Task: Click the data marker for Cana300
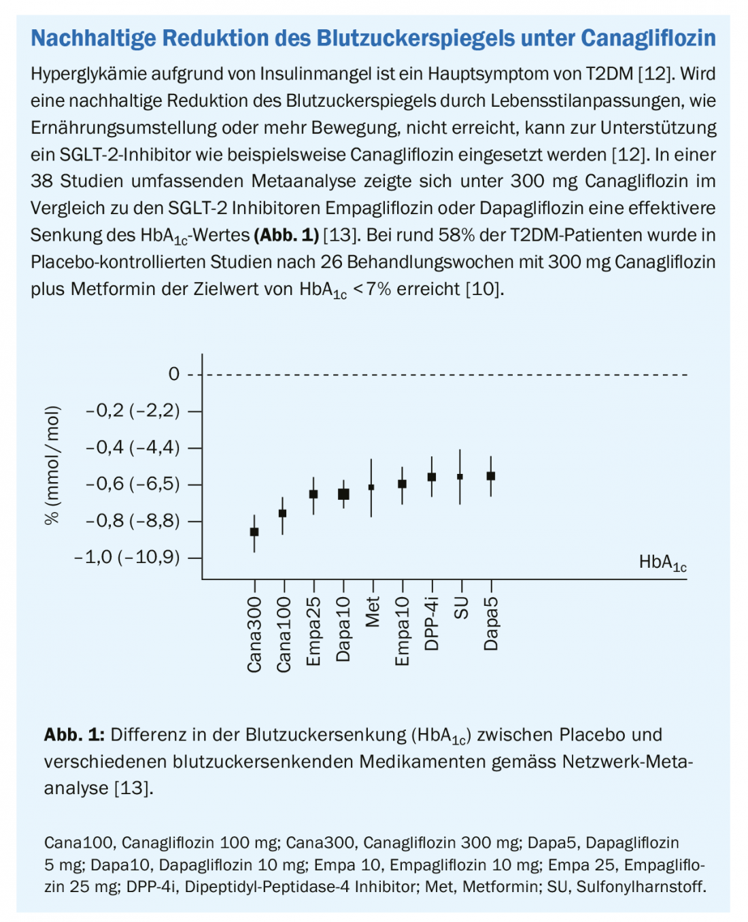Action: [254, 532]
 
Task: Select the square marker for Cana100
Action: [283, 513]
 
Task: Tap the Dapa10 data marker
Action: [343, 494]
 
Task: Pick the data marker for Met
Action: [371, 487]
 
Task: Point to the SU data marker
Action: [460, 477]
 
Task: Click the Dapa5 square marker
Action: [491, 476]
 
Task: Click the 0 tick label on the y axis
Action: [174, 374]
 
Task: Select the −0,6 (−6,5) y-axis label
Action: [133, 484]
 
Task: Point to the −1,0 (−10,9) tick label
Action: [127, 558]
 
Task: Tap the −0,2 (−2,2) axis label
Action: [133, 411]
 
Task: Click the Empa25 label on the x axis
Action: [313, 632]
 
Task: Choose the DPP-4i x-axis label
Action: [431, 624]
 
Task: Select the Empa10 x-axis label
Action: [402, 632]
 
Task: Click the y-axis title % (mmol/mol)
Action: [52, 465]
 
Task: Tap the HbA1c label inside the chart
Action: [662, 562]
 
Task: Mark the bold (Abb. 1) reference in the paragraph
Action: [286, 235]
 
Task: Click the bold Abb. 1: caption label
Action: [74, 735]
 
